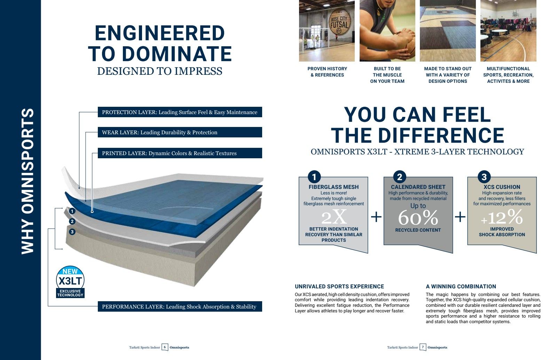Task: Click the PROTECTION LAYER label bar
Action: (x=180, y=112)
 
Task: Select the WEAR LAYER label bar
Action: (x=180, y=133)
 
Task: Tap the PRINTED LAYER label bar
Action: (x=180, y=153)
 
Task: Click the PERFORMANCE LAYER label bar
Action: (x=180, y=307)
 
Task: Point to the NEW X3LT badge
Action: (x=70, y=282)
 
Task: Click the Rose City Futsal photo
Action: (x=327, y=31)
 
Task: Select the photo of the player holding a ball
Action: (x=387, y=31)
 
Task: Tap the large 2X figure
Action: (x=334, y=218)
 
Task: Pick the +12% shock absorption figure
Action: (x=502, y=218)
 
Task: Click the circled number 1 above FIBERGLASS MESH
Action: (x=314, y=177)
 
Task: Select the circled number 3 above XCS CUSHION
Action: (x=484, y=177)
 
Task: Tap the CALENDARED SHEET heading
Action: (x=418, y=187)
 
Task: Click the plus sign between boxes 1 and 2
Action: (x=376, y=217)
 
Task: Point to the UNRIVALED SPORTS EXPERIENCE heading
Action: (x=339, y=287)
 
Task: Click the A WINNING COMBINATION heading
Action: (x=461, y=287)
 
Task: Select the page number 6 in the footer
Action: (x=165, y=347)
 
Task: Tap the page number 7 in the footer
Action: (x=423, y=347)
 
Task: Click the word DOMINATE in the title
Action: (x=177, y=54)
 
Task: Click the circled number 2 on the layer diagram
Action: (x=72, y=222)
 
